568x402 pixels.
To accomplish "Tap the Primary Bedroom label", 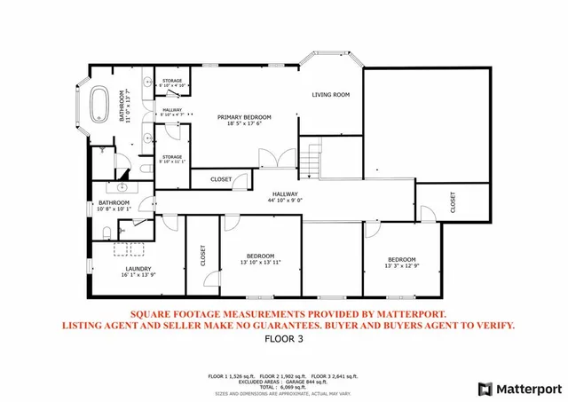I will point(244,117).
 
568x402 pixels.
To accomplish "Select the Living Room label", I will point(330,94).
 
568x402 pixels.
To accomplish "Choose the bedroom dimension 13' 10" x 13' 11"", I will point(260,262).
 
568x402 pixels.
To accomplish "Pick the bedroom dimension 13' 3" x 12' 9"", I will point(402,265).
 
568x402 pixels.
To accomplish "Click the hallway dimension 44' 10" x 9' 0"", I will point(285,201).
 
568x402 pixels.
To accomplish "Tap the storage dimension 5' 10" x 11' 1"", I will point(171,162).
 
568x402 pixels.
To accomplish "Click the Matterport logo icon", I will point(485,388).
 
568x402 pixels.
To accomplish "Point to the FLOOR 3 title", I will point(284,339).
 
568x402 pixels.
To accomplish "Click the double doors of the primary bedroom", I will point(272,160).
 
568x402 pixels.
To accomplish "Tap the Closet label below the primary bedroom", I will point(221,179).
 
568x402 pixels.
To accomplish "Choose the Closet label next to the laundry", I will point(202,256).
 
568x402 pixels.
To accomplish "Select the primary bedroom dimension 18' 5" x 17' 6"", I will point(244,124).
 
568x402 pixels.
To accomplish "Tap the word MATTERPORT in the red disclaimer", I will point(402,314).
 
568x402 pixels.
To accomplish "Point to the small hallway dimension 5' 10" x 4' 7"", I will point(171,114).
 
